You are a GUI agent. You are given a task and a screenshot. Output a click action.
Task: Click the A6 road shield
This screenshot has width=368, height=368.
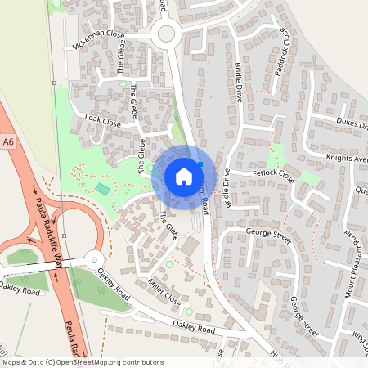(9, 142)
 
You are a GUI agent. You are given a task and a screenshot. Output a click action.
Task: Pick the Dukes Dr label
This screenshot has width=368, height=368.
(352, 123)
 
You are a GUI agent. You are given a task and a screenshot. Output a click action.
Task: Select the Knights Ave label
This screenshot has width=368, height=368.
(348, 156)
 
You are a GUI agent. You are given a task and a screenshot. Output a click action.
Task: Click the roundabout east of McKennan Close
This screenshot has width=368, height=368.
(167, 34)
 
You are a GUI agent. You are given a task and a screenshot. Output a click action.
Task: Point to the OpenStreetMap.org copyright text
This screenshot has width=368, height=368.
(82, 361)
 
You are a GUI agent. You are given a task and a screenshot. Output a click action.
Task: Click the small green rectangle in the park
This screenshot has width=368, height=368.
(102, 189)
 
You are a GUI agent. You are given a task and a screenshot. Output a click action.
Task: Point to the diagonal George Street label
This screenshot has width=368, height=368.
(303, 315)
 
